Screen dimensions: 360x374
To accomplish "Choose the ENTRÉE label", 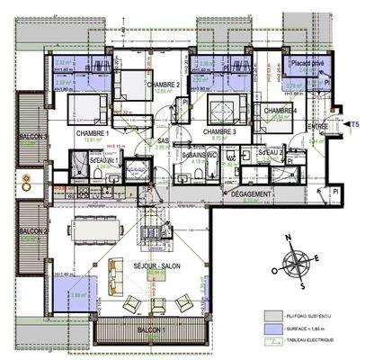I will pos(316,127).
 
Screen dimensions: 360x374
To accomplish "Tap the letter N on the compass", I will pos(289,238).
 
